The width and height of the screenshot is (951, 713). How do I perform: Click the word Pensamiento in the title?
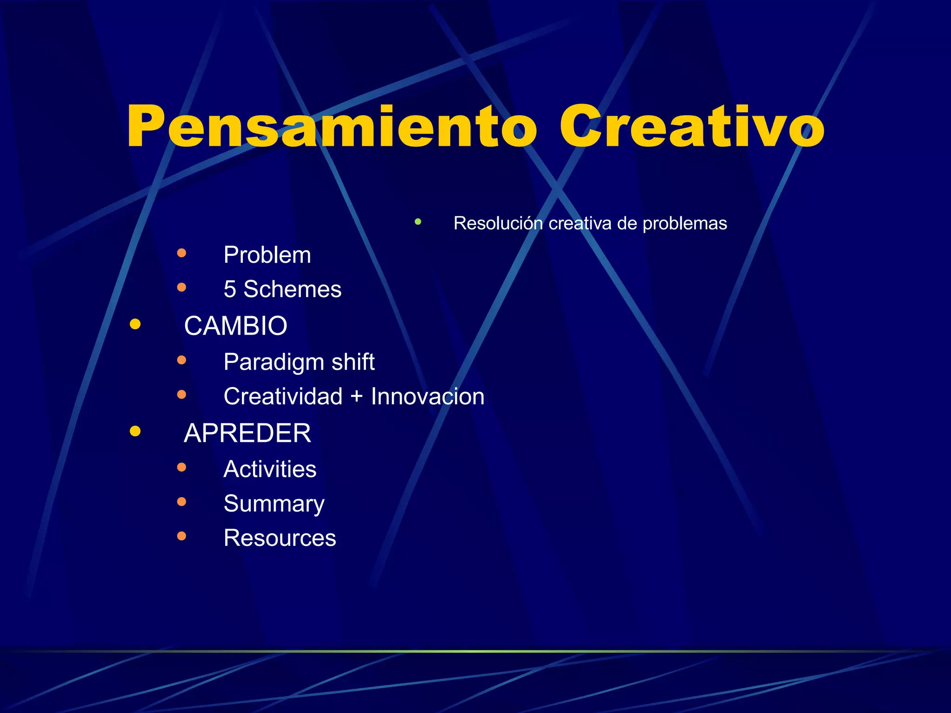pos(332,126)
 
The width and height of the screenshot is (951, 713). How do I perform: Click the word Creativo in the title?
pos(692,126)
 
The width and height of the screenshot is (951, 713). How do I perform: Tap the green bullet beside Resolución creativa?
pos(418,222)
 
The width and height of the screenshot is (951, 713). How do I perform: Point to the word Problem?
pos(267,255)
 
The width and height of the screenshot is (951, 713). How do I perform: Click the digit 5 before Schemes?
pos(230,289)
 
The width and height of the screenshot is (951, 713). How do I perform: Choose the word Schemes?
pos(293,289)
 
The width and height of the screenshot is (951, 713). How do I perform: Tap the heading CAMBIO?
pos(235,325)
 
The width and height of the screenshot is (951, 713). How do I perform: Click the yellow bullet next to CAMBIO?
pos(135,324)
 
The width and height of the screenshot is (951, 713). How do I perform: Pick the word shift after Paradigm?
pos(353,362)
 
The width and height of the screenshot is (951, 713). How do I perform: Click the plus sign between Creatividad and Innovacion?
pos(357,396)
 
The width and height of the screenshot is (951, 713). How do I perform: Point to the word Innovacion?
pos(427,396)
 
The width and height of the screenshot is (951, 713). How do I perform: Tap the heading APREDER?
pos(247,433)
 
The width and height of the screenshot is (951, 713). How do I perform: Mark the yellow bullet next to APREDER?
pos(135,431)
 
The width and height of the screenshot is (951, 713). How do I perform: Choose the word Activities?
pos(270,469)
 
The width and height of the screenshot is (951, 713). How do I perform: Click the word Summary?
pos(274,504)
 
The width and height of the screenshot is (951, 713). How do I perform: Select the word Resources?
pos(280,538)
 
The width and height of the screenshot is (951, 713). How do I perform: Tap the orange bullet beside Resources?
pos(182,536)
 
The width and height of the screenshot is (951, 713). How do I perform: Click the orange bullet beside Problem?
pos(182,253)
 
